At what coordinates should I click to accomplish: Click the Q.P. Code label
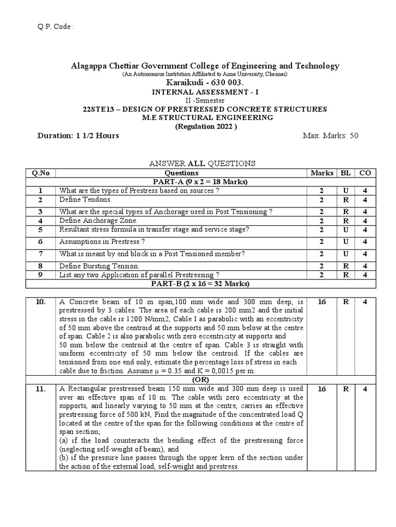click(53, 26)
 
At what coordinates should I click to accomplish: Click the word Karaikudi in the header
click(182, 82)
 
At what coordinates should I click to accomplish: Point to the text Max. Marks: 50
click(330, 136)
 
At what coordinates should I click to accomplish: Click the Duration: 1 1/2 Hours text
click(78, 136)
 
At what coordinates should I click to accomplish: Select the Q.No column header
click(40, 173)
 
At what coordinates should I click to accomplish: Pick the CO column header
click(365, 173)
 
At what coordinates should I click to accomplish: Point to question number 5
click(40, 230)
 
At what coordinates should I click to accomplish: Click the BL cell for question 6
click(345, 241)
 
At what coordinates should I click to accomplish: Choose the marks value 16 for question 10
click(322, 302)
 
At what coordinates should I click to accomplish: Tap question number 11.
click(40, 389)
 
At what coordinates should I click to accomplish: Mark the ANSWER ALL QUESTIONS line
click(202, 164)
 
